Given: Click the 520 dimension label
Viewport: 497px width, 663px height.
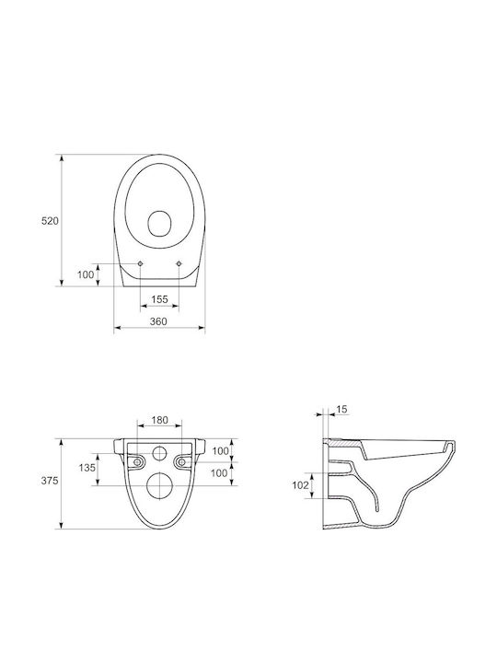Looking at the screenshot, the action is pos(50,221).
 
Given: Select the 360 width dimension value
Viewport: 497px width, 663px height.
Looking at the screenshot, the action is pos(158,321).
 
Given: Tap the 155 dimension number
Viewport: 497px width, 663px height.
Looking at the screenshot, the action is pos(159,299).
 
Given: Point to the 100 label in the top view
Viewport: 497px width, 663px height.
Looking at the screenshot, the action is pos(86,274).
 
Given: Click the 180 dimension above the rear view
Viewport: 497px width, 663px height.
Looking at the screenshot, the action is pos(160,420).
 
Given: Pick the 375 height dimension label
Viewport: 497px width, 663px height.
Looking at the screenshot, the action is pos(50,481).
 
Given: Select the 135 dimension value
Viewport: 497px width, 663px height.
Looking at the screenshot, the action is pos(87,468).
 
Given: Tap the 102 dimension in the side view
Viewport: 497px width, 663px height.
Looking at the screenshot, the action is pos(300,485).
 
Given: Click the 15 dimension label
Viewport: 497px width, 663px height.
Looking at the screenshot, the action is pos(341,409).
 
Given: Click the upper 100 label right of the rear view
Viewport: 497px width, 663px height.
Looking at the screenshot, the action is pos(220,451).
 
